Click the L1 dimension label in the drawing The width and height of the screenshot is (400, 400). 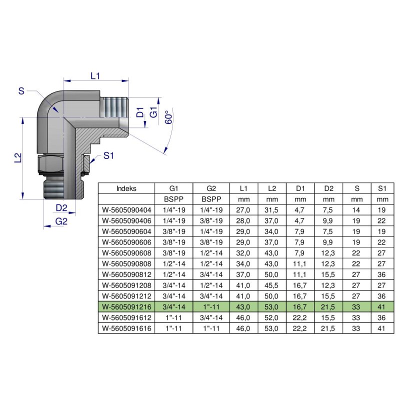pyautogui.click(x=95, y=76)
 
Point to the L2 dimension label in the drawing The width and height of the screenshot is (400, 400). pyautogui.click(x=17, y=157)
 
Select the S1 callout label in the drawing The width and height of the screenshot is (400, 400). pyautogui.click(x=109, y=156)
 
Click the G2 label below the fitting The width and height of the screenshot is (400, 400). pyautogui.click(x=61, y=221)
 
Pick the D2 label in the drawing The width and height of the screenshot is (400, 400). pyautogui.click(x=61, y=207)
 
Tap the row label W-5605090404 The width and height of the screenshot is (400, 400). pyautogui.click(x=126, y=210)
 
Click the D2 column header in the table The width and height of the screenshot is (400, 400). pyautogui.click(x=328, y=188)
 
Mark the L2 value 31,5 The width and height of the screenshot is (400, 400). pyautogui.click(x=272, y=210)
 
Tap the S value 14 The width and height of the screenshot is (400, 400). pyautogui.click(x=357, y=210)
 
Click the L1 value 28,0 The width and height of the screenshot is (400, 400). pyautogui.click(x=243, y=221)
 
